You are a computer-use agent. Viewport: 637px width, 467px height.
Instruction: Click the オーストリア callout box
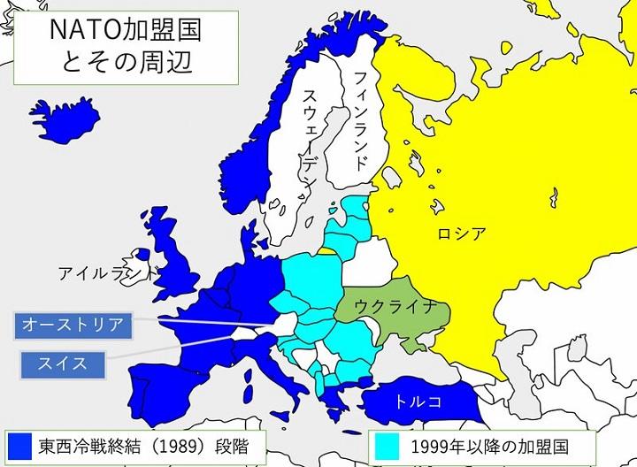[73, 325]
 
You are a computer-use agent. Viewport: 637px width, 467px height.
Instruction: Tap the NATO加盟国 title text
[113, 32]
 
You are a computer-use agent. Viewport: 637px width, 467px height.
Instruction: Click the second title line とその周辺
[113, 64]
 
